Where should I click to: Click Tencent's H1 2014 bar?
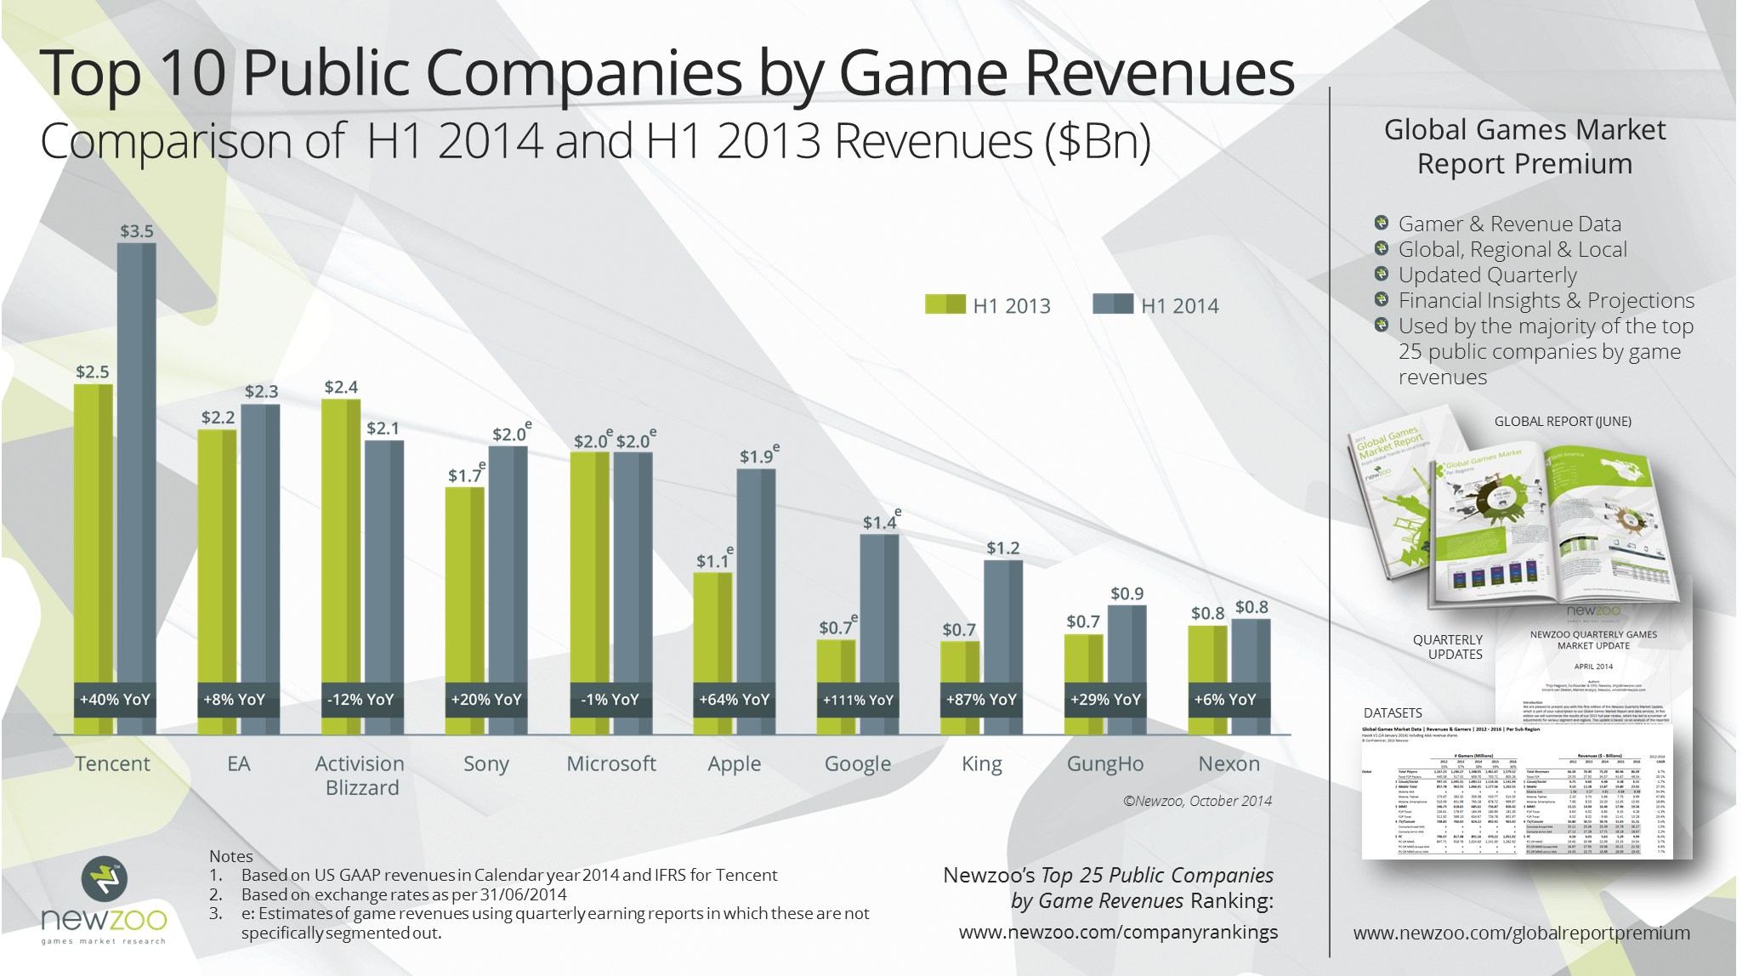137,459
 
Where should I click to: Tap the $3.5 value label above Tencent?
137,231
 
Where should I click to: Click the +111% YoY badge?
858,700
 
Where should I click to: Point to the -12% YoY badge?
361,700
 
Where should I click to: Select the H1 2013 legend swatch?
945,304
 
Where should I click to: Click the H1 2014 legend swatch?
1112,304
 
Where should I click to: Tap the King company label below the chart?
982,763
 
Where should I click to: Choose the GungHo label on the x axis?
1105,763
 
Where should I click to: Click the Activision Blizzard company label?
360,775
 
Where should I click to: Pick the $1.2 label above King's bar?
1003,548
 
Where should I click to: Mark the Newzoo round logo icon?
105,879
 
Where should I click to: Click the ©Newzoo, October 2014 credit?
1197,801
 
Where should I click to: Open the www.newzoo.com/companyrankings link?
1118,932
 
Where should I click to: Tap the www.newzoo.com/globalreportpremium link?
1521,933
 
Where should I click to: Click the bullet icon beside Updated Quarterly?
1382,274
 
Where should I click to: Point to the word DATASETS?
1393,712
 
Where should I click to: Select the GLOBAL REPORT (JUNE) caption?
1563,421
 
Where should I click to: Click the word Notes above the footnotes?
231,856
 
